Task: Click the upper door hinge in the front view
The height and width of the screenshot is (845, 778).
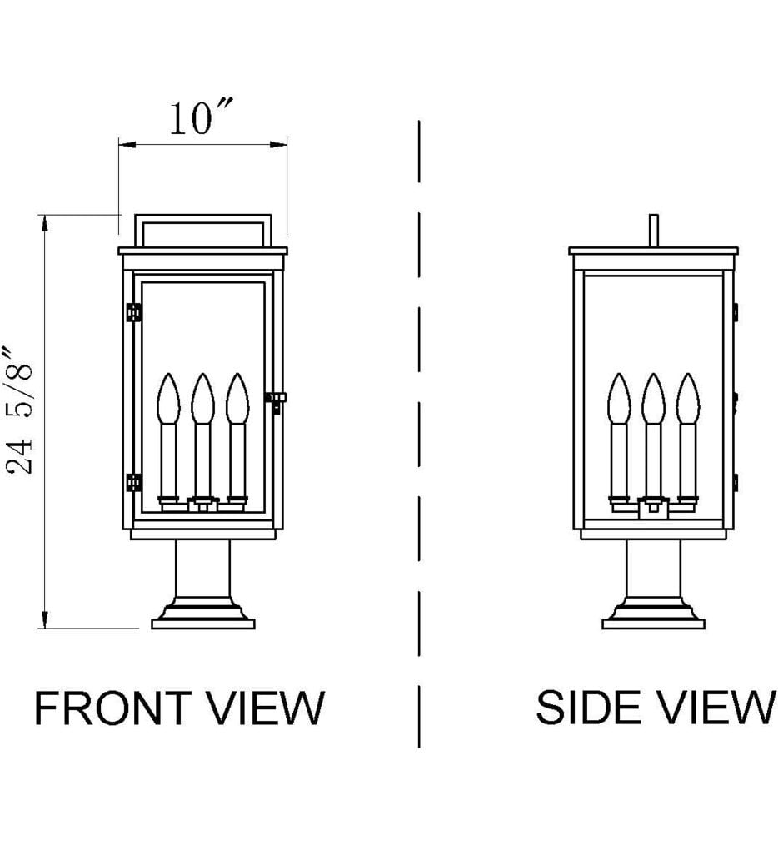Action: click(132, 312)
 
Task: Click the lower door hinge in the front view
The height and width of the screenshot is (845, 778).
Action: click(132, 482)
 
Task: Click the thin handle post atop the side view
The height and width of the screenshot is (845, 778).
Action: click(653, 230)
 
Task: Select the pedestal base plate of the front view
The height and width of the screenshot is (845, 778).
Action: click(202, 621)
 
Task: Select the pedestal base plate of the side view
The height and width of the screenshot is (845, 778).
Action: click(653, 621)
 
